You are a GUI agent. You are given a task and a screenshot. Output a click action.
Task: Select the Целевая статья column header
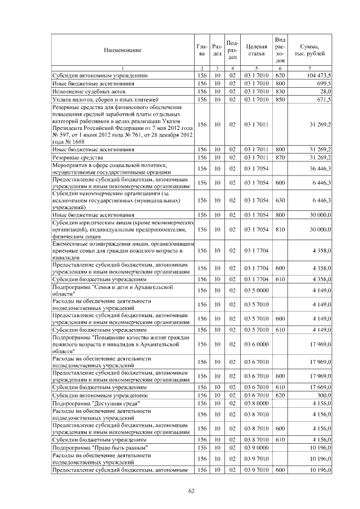coord(256,50)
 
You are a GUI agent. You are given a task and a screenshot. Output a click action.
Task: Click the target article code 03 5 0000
coord(256,290)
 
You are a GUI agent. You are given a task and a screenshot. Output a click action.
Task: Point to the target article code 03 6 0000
coord(256,343)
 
